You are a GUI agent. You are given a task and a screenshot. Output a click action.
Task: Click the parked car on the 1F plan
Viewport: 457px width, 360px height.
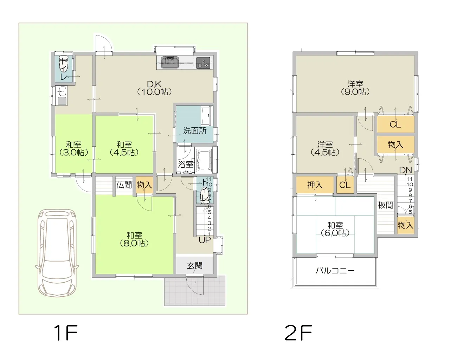pyautogui.click(x=57, y=253)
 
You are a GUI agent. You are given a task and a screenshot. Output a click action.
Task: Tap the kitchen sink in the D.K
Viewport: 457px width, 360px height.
pyautogui.click(x=170, y=62)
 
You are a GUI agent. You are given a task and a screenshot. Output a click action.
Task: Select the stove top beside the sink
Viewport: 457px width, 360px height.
pyautogui.click(x=203, y=63)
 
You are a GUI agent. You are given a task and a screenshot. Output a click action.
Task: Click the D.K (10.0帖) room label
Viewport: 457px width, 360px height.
pyautogui.click(x=154, y=88)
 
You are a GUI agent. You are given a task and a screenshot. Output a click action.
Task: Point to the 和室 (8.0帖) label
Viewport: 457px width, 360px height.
pyautogui.click(x=134, y=239)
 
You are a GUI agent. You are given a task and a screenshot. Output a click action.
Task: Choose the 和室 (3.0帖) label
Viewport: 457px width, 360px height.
pyautogui.click(x=74, y=149)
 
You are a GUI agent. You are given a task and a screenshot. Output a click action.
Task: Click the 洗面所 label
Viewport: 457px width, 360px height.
pyautogui.click(x=195, y=131)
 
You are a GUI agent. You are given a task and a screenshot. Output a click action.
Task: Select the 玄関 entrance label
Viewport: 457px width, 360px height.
pyautogui.click(x=195, y=265)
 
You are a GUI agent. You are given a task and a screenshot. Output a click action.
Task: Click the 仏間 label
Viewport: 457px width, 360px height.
pyautogui.click(x=124, y=185)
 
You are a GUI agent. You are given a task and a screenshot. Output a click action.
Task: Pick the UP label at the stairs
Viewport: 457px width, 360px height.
pyautogui.click(x=205, y=240)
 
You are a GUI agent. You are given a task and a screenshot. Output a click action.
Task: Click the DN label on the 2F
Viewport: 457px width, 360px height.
pyautogui.click(x=405, y=170)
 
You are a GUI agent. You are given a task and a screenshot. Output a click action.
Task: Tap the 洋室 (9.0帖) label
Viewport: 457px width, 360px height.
pyautogui.click(x=355, y=88)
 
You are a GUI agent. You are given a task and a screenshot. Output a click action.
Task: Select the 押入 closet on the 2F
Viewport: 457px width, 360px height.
pyautogui.click(x=315, y=185)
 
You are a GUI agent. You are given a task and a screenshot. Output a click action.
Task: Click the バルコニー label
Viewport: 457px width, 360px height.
pyautogui.click(x=335, y=271)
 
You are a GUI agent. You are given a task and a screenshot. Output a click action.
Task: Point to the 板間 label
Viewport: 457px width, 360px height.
pyautogui.click(x=385, y=205)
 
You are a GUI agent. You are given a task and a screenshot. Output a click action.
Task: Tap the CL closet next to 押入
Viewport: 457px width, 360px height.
pyautogui.click(x=345, y=185)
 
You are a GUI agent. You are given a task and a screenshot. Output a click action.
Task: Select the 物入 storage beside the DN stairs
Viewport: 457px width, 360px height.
pyautogui.click(x=406, y=225)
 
